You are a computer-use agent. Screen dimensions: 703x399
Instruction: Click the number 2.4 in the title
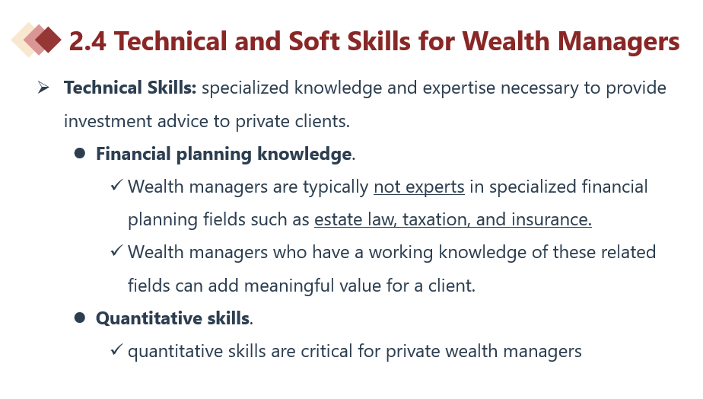87,41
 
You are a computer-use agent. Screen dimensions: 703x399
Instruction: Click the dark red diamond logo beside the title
47,40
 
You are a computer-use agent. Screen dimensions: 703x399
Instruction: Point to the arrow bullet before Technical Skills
43,87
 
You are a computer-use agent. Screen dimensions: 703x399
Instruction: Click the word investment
101,121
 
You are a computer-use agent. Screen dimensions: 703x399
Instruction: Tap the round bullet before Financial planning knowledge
80,154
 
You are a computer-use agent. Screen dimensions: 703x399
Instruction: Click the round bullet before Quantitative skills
80,318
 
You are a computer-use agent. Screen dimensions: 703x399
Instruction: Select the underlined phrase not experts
419,187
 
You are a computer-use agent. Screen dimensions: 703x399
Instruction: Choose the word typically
336,187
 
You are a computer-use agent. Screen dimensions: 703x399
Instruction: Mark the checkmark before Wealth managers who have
116,250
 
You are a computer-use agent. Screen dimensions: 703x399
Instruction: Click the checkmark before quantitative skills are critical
116,349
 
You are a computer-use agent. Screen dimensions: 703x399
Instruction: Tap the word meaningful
313,286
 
